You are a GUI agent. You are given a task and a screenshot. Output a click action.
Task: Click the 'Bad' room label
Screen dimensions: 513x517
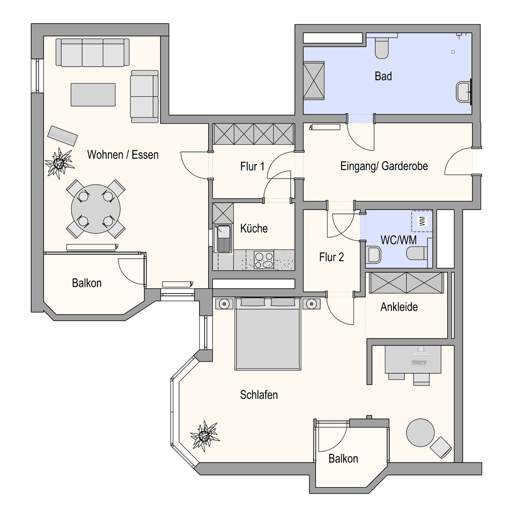(383, 76)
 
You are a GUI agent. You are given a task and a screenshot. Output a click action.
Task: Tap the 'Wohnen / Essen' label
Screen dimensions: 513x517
(123, 155)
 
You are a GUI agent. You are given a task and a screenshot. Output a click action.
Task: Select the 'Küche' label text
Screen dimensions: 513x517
(254, 228)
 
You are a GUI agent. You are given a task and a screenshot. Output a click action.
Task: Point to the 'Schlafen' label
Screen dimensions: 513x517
(259, 395)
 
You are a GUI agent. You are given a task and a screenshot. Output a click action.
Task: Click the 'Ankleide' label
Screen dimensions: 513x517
(399, 307)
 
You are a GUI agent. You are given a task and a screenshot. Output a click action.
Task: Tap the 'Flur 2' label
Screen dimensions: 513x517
(331, 257)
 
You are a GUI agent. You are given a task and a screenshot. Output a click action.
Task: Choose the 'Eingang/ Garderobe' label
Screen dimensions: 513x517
(384, 166)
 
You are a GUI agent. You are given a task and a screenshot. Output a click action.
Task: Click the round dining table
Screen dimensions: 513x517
(95, 209)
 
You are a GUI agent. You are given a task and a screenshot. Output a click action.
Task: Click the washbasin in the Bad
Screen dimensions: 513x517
(463, 92)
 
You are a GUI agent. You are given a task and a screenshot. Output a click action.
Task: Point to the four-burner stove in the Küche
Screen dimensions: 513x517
(264, 260)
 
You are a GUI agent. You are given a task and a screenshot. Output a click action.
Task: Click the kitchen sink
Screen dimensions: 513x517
(223, 238)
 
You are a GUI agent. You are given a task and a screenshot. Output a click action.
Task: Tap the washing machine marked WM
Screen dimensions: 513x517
(422, 221)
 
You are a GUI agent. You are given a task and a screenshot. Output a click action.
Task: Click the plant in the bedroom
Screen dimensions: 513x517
(205, 435)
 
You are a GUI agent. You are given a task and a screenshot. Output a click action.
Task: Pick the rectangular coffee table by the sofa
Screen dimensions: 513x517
(93, 94)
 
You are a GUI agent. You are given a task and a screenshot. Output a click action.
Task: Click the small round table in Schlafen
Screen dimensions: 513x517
(420, 432)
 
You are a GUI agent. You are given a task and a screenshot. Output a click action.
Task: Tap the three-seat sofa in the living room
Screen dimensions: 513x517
(92, 52)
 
